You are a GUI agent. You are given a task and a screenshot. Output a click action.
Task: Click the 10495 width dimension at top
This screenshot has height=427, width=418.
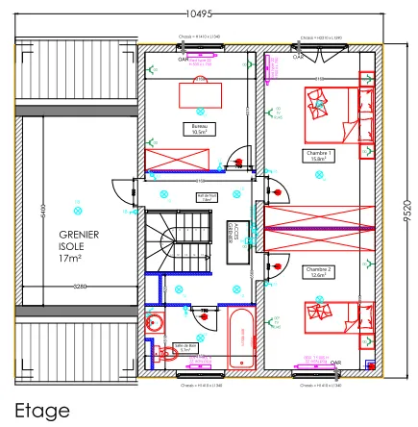[201, 13]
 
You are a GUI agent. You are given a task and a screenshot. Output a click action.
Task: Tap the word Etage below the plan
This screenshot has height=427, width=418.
[41, 410]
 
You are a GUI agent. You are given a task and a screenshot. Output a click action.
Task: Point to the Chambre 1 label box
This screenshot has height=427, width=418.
[318, 155]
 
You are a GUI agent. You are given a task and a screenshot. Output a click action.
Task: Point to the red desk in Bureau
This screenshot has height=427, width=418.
[201, 94]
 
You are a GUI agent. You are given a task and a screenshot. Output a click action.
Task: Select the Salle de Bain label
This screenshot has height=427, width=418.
[184, 346]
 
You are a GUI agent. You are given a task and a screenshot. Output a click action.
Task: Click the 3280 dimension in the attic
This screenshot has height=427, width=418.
[80, 287]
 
